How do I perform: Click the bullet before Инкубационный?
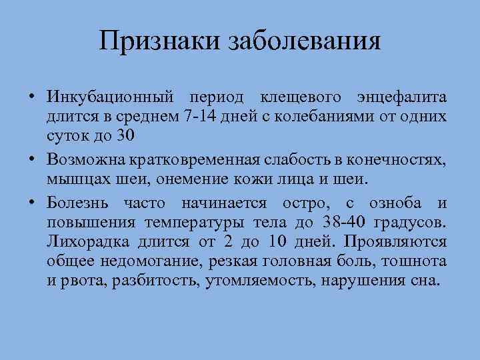(31, 99)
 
